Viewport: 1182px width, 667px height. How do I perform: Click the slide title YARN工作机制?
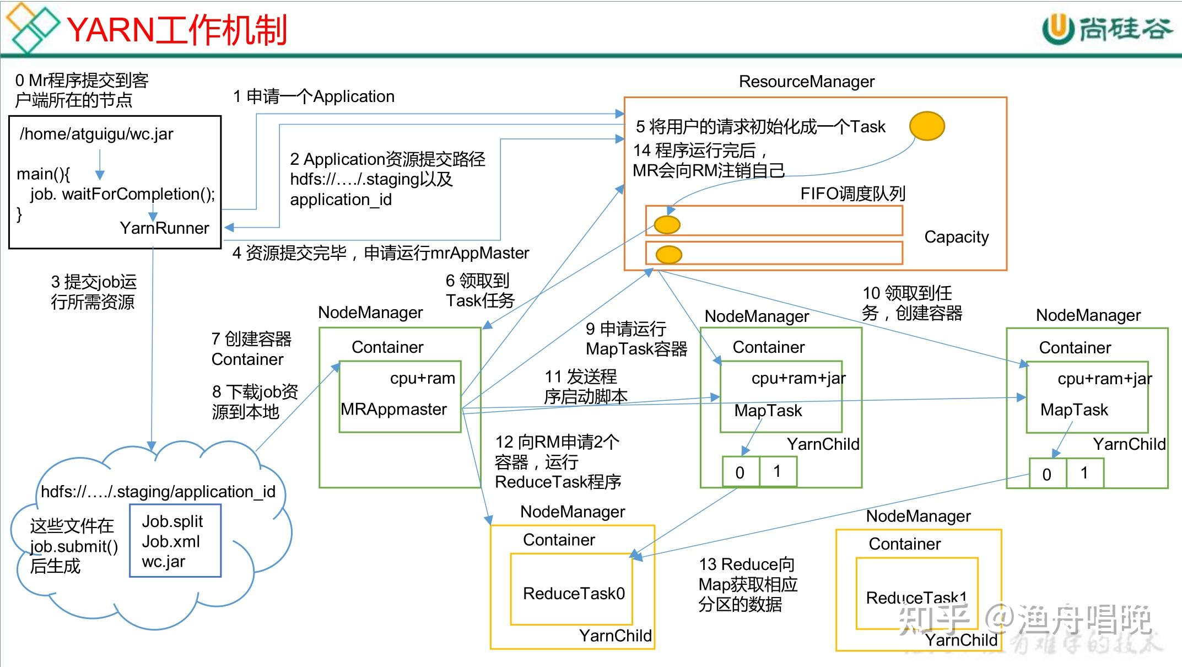pyautogui.click(x=177, y=30)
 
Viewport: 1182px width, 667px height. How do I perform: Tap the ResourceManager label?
pyautogui.click(x=806, y=82)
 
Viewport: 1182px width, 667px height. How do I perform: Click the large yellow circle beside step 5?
pyautogui.click(x=927, y=126)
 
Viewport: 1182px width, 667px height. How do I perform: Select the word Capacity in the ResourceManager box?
pyautogui.click(x=956, y=237)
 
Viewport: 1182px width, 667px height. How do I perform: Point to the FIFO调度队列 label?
pyautogui.click(x=852, y=193)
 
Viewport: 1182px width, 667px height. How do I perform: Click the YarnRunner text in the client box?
pyautogui.click(x=164, y=228)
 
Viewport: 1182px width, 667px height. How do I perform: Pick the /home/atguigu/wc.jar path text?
pyautogui.click(x=96, y=134)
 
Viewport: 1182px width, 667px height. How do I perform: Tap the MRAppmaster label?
pyautogui.click(x=393, y=410)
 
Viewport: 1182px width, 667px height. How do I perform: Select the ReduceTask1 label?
pyautogui.click(x=916, y=598)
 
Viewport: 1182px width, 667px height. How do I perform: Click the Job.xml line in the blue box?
pyautogui.click(x=171, y=542)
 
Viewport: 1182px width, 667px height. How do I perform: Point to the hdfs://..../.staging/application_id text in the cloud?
pyautogui.click(x=158, y=492)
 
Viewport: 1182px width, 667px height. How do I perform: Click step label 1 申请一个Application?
pyautogui.click(x=314, y=96)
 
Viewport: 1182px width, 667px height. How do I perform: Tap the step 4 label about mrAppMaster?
pyautogui.click(x=380, y=253)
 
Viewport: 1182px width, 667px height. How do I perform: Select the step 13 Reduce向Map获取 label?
pyautogui.click(x=748, y=584)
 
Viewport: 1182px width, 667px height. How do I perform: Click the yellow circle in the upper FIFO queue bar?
pyautogui.click(x=667, y=225)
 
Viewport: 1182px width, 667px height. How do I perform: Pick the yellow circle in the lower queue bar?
pyautogui.click(x=669, y=255)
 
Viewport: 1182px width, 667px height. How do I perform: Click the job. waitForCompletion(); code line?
pyautogui.click(x=122, y=194)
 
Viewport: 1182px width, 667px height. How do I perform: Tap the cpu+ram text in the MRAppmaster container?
pyautogui.click(x=423, y=378)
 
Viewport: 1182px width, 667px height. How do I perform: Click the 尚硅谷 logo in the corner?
pyautogui.click(x=1108, y=29)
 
